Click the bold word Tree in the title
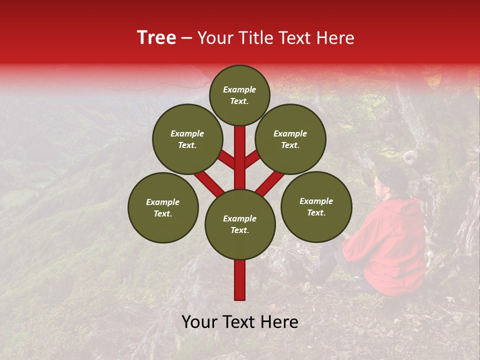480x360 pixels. (156, 38)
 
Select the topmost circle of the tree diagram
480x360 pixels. (239, 95)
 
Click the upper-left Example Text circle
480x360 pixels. (187, 139)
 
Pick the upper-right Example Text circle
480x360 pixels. (290, 139)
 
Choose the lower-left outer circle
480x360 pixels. (163, 207)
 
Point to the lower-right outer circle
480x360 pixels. (316, 206)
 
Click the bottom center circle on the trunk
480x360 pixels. (240, 224)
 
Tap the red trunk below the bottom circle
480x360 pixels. (240, 280)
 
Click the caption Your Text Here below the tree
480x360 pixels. (240, 322)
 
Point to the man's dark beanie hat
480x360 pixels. (392, 177)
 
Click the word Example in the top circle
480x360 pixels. (239, 89)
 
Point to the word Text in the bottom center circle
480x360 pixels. (239, 230)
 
